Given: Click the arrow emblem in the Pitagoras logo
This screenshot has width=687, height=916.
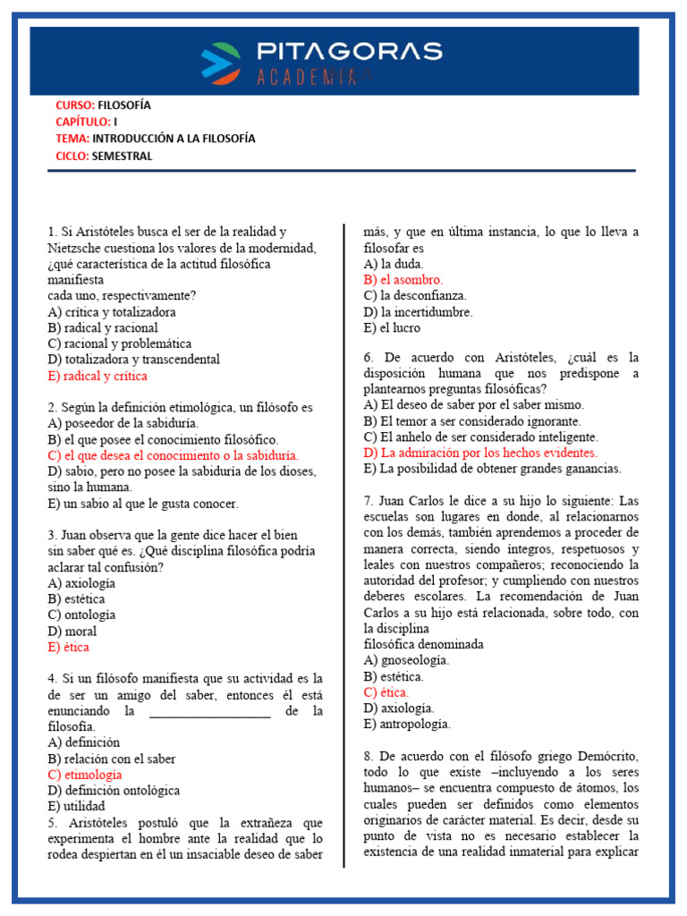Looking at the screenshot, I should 220,63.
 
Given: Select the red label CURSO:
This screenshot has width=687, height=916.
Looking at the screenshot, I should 74,106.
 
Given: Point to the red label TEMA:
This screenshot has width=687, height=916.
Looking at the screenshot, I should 72,139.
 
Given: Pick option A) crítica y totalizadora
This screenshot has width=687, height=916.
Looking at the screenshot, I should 112,312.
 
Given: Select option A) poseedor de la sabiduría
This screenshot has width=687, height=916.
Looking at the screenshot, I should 123,423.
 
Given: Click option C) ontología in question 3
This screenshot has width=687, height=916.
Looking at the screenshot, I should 82,615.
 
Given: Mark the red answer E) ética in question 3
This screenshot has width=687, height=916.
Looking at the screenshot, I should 69,647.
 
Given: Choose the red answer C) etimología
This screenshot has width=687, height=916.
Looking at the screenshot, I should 85,775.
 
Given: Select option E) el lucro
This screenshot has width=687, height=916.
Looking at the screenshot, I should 392,327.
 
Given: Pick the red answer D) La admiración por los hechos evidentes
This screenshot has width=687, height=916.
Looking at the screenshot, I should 480,453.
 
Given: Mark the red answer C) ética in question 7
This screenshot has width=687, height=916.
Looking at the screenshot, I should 386,692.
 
